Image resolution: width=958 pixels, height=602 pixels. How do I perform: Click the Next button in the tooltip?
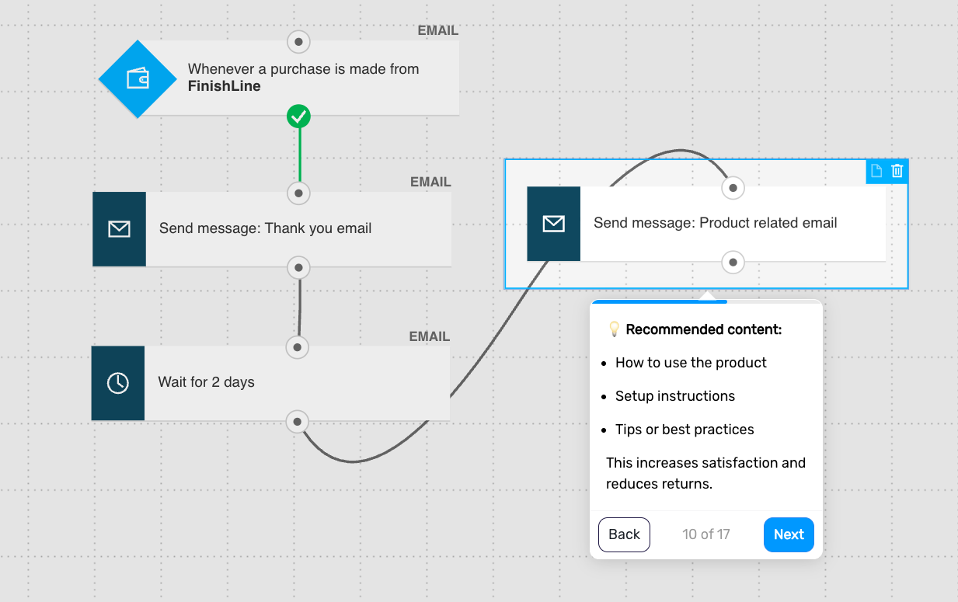click(789, 534)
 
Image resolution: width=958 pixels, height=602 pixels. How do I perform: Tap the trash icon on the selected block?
click(897, 171)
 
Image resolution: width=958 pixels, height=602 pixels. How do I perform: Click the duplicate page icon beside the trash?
click(876, 171)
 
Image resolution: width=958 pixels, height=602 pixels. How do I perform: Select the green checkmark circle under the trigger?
click(298, 117)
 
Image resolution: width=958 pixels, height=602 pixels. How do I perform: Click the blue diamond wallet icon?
click(138, 79)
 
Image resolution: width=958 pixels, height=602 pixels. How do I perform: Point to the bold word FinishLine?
click(224, 86)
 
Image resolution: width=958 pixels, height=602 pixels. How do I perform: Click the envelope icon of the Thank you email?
click(120, 229)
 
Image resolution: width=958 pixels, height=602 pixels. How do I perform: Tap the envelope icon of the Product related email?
click(554, 224)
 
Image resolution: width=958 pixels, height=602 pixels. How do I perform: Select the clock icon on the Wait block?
click(117, 383)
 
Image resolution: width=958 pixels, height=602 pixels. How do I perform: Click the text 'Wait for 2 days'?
click(206, 382)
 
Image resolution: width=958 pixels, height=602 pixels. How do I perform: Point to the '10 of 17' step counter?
click(706, 534)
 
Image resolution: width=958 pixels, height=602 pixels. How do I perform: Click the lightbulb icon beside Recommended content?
click(614, 329)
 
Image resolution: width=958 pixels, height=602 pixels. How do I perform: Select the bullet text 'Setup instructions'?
click(675, 396)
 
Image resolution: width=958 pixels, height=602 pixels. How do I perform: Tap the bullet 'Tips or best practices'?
click(685, 430)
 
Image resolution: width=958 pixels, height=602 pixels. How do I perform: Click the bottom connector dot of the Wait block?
click(298, 422)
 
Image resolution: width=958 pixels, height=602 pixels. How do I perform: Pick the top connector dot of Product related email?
click(733, 188)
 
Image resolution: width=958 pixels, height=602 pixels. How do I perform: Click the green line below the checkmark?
click(300, 155)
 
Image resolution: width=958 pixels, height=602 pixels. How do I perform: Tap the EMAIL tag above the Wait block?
click(430, 336)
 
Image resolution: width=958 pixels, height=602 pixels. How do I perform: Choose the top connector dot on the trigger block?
click(298, 42)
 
